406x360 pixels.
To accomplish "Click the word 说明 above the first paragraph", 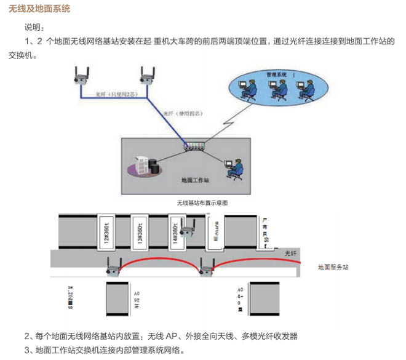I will coord(34,27).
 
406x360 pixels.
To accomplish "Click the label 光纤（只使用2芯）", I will coord(116,95).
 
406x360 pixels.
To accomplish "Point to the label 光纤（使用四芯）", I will coord(185,114).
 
